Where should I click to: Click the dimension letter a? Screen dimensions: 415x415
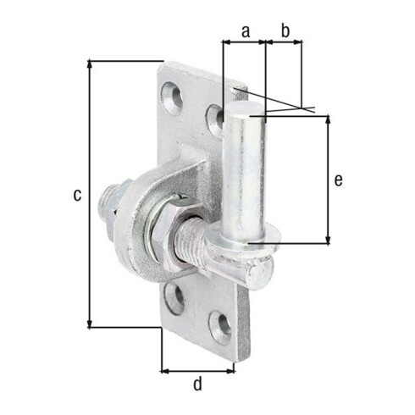(246, 31)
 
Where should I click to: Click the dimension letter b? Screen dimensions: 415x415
(285, 30)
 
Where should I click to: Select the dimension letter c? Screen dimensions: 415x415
(77, 195)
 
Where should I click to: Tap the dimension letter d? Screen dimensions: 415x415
(198, 384)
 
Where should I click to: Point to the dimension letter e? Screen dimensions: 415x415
(339, 180)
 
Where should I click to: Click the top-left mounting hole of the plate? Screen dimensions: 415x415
(172, 97)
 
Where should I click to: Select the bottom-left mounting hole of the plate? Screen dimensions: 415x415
(175, 298)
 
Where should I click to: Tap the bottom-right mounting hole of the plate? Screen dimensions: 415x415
(220, 328)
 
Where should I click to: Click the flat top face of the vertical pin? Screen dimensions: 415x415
(244, 109)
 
